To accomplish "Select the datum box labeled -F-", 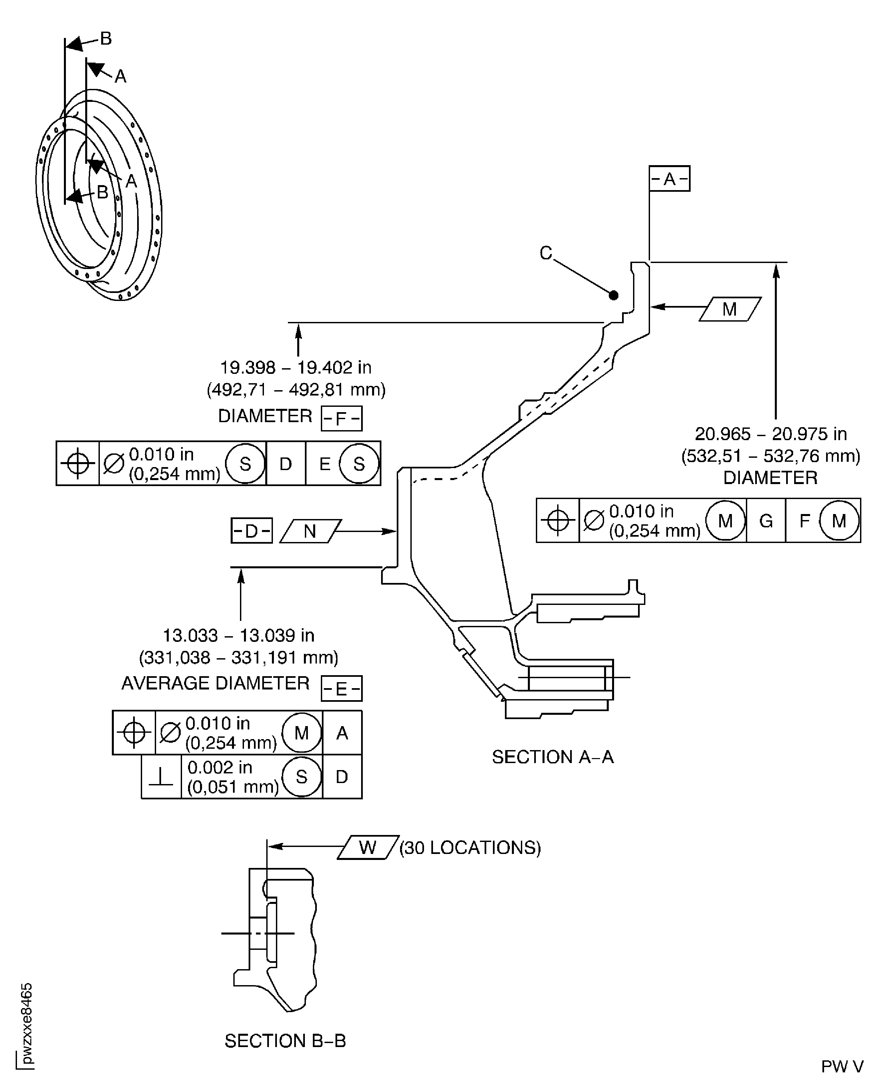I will pos(341,418).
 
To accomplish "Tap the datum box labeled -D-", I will pos(251,531).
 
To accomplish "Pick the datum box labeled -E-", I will pos(341,688).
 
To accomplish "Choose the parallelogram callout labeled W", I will pos(367,847).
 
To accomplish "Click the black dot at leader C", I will pos(613,295).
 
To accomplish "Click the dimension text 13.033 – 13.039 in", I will pos(238,635).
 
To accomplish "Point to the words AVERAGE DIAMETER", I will pos(215,683).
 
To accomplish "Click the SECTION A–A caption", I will pos(552,757).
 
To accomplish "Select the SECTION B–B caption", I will pos(285,1041).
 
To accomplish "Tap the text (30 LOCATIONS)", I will pos(470,847).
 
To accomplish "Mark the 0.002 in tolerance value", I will pos(220,767).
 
